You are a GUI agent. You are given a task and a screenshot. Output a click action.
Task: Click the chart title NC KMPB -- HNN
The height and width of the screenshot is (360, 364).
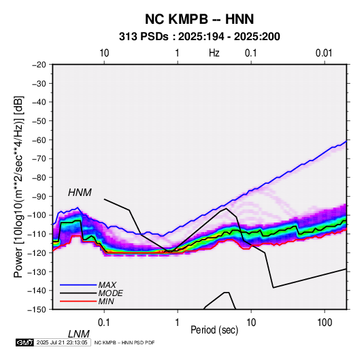point(199,19)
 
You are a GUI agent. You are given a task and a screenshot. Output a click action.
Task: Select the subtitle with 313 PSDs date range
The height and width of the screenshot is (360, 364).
point(199,37)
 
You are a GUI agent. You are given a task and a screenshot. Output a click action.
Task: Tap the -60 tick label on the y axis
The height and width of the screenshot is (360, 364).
point(39,140)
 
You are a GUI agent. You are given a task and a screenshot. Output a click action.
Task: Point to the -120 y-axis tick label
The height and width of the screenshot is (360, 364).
point(38,252)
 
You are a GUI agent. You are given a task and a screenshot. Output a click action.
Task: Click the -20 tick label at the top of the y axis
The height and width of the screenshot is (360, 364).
point(39,65)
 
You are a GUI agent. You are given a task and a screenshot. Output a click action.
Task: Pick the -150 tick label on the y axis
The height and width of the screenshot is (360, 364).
point(38,310)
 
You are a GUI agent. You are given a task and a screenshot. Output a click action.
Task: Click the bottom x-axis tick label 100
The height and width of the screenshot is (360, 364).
point(325,323)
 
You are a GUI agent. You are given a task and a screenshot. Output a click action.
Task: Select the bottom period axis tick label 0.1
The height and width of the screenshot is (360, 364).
point(104,323)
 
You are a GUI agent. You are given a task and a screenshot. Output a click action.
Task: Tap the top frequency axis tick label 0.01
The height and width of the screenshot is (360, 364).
point(324,53)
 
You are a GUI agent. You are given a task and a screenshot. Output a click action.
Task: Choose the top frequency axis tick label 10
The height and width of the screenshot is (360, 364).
point(104,53)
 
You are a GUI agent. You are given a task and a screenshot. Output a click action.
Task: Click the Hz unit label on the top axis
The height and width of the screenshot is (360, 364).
point(214,53)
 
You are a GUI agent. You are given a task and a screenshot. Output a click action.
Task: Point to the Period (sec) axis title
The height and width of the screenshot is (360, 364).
point(214,330)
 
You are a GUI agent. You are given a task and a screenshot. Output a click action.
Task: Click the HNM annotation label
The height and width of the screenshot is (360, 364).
point(80,193)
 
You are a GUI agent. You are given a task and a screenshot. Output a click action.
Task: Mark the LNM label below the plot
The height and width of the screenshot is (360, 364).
point(78,334)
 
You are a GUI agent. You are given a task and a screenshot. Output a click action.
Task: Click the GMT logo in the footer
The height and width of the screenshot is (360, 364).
point(25,342)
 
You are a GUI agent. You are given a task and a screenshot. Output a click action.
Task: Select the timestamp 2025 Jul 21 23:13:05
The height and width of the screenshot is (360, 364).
point(62,342)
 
